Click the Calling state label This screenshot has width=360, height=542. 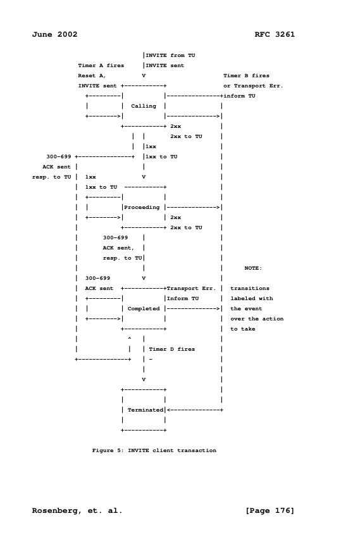(143, 106)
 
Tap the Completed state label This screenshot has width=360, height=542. (143, 308)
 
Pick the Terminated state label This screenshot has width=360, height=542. (146, 410)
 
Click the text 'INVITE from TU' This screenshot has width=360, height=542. (171, 55)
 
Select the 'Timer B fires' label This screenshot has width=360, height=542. (246, 75)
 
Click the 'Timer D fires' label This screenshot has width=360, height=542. (171, 349)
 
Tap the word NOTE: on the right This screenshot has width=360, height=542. (253, 268)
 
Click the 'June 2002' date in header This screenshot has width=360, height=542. (54, 34)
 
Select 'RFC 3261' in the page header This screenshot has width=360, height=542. (274, 34)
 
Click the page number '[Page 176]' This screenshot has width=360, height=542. (270, 510)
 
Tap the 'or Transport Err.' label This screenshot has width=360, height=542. (253, 85)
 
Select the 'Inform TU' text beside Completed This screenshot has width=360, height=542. (183, 298)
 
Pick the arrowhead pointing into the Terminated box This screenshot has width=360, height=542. (168, 410)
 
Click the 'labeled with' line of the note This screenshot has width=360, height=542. (252, 298)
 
